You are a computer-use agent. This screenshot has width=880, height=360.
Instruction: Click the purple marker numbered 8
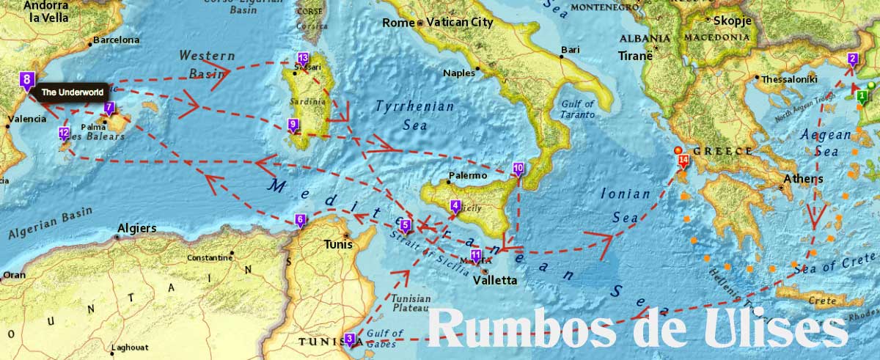click(27, 80)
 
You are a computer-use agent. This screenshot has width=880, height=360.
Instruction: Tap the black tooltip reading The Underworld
click(72, 92)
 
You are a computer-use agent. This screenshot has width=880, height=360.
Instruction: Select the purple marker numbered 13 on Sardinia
click(303, 59)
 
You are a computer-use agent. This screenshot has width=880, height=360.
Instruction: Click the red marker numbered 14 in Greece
click(683, 159)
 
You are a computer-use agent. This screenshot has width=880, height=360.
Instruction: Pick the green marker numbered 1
click(862, 95)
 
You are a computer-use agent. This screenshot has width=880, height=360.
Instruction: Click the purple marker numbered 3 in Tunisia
click(349, 339)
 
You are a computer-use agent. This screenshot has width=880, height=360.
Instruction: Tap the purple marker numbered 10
click(518, 169)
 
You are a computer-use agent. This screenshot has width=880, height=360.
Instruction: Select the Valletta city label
click(495, 280)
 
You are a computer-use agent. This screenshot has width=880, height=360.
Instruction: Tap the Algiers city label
click(136, 228)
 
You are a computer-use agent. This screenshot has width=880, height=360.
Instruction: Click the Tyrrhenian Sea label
click(414, 116)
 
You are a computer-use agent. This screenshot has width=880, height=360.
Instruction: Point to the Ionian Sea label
click(626, 206)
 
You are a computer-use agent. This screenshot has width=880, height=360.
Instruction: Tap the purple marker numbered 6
click(299, 219)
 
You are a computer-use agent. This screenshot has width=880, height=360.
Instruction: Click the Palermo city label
click(467, 176)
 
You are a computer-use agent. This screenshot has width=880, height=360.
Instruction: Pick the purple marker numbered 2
click(852, 59)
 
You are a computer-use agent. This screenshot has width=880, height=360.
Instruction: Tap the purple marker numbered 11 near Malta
click(475, 256)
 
